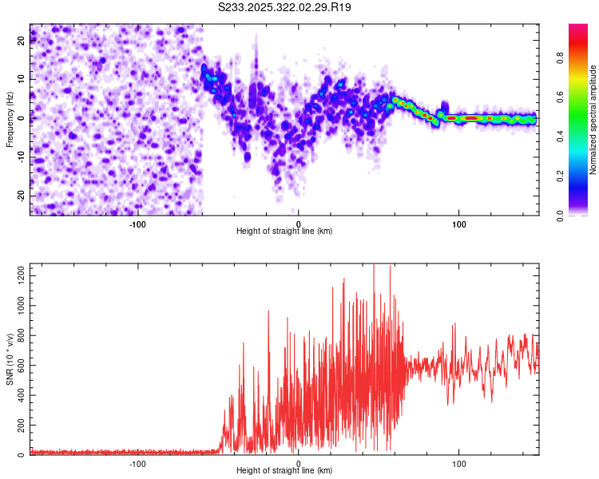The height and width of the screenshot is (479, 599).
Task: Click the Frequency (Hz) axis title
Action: [x=10, y=119]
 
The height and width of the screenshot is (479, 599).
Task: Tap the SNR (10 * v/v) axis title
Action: [x=10, y=359]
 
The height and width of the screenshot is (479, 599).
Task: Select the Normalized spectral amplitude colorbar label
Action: [x=593, y=119]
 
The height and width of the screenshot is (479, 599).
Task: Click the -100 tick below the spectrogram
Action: [x=137, y=223]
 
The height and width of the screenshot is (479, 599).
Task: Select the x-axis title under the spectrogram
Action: [x=284, y=232]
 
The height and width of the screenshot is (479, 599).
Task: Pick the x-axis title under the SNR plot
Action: [x=284, y=472]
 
